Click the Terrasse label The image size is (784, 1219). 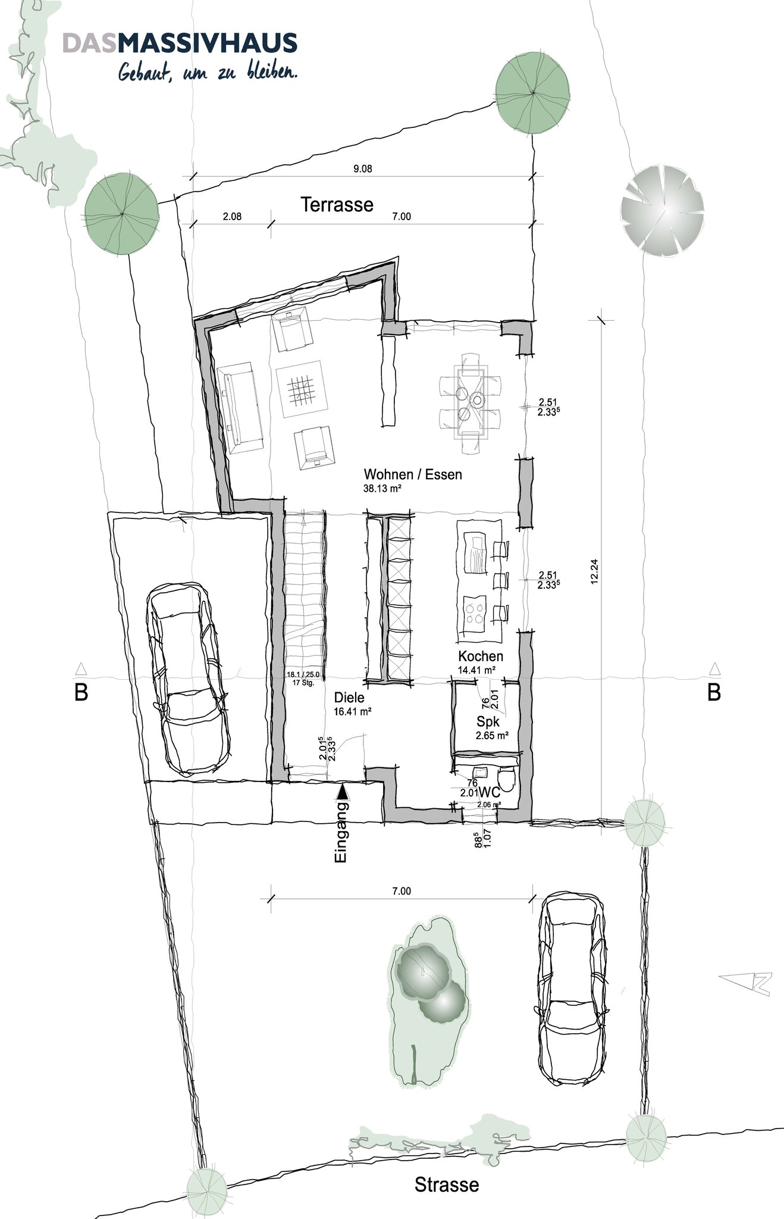pyautogui.click(x=337, y=204)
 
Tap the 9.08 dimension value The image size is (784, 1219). pyautogui.click(x=363, y=169)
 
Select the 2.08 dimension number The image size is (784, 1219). pyautogui.click(x=232, y=217)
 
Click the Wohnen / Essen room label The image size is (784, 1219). pyautogui.click(x=413, y=474)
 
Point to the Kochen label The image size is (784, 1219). pyautogui.click(x=481, y=657)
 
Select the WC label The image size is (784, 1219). pyautogui.click(x=489, y=792)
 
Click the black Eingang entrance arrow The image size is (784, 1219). pyautogui.click(x=342, y=792)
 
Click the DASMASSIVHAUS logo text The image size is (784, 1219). pyautogui.click(x=180, y=43)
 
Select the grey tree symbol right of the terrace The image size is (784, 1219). pyautogui.click(x=662, y=211)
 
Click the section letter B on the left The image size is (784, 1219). pyautogui.click(x=81, y=693)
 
